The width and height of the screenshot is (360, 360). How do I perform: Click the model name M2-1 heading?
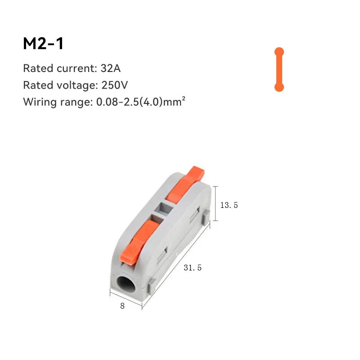click(x=44, y=44)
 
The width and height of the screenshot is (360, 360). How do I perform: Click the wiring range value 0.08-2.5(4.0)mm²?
click(x=141, y=102)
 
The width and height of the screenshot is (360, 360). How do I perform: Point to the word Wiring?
click(x=40, y=102)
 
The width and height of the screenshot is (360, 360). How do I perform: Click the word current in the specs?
click(x=75, y=69)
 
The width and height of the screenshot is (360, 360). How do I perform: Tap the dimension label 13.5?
click(x=229, y=205)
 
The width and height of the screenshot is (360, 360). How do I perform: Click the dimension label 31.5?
click(x=193, y=268)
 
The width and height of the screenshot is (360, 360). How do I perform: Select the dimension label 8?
click(x=122, y=306)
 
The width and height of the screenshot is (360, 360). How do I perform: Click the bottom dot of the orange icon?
click(x=279, y=87)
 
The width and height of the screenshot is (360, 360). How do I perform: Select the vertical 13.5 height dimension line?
click(x=216, y=203)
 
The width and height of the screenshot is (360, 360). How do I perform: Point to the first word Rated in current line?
click(x=38, y=69)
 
